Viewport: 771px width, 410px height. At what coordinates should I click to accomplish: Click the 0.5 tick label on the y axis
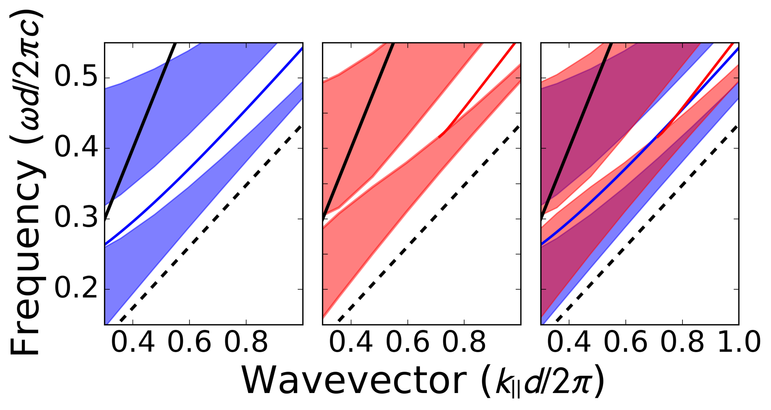(x=76, y=76)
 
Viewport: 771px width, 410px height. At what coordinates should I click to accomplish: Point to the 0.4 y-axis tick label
(x=76, y=148)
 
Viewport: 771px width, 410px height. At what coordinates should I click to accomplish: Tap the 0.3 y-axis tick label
(x=76, y=218)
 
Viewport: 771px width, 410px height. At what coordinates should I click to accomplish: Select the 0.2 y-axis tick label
(x=76, y=288)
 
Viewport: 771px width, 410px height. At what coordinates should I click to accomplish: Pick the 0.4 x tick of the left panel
(x=133, y=342)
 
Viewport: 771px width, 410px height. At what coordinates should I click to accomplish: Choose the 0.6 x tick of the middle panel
(x=407, y=342)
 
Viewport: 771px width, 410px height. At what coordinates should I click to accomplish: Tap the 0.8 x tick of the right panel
(x=682, y=342)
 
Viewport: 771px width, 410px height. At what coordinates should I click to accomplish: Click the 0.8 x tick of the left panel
(x=246, y=342)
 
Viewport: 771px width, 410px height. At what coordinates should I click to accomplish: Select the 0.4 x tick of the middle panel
(x=351, y=342)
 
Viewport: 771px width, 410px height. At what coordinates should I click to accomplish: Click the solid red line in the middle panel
(x=481, y=89)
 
